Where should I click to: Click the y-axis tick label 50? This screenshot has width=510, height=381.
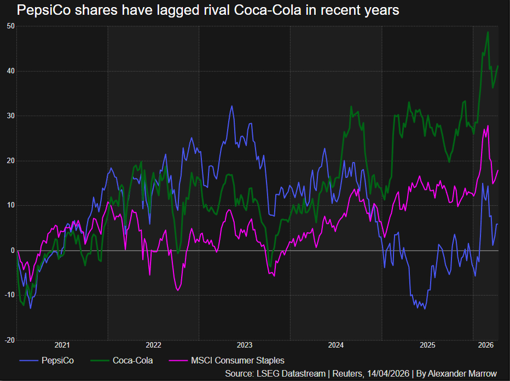point(10,26)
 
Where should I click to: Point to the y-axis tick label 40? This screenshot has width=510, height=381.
point(10,71)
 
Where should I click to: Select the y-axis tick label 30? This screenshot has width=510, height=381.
point(10,116)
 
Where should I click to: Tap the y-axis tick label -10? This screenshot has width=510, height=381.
point(9,295)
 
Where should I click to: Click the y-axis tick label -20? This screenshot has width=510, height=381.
point(9,340)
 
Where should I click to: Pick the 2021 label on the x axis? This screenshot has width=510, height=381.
point(62,345)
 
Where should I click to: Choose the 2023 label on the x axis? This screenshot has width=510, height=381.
point(245,345)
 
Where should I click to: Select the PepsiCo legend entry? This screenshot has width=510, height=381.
point(57,360)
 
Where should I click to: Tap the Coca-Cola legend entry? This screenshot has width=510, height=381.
point(132,360)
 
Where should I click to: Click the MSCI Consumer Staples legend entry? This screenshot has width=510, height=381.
point(237,360)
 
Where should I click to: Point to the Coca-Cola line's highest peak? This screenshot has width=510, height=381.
point(488,32)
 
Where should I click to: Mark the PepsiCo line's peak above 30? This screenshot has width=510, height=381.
point(231,106)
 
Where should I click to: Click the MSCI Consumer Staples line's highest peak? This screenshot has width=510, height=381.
point(488,126)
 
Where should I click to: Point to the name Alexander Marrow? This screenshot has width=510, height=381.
point(462,373)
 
